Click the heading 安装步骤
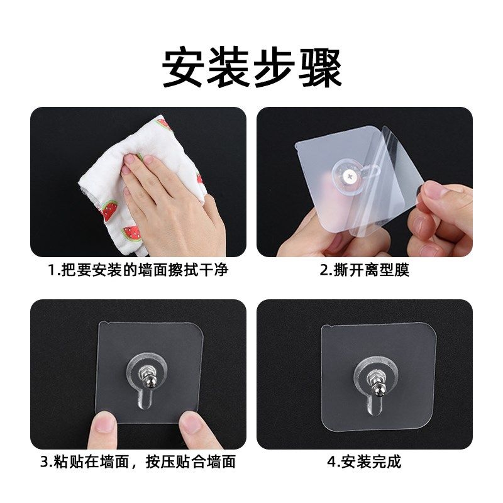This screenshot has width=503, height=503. (251, 68)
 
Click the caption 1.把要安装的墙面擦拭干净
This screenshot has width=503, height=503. (138, 271)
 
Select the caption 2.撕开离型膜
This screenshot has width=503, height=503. (364, 271)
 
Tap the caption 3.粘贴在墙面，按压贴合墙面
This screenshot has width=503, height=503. (138, 462)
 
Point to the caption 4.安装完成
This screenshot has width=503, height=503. (364, 462)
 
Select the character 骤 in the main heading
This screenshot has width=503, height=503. (319, 68)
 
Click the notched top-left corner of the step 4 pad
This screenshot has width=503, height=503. (326, 329)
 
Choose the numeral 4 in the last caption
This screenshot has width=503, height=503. (331, 462)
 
